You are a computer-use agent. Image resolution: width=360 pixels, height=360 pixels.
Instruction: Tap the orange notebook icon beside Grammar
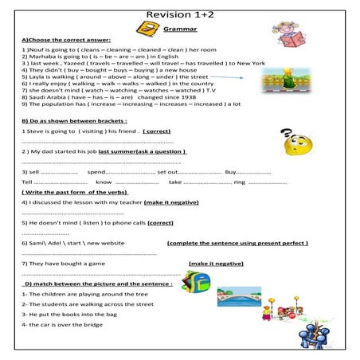tap(146, 29)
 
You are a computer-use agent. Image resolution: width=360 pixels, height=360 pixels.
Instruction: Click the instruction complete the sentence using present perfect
tap(237, 243)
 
